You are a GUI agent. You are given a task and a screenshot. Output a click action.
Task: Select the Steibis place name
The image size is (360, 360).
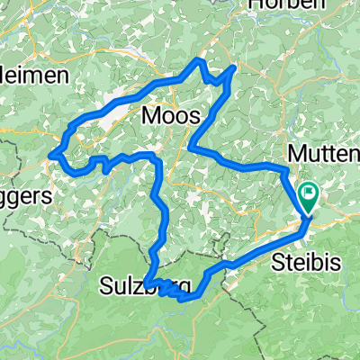pos(301,262)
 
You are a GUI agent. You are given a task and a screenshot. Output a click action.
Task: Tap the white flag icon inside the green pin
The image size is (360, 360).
pos(310,191)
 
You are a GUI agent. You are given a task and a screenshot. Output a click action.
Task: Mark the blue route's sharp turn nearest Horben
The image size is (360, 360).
pos(235,67)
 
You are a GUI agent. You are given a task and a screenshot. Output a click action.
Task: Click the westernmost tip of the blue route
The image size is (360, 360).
pos(51,155)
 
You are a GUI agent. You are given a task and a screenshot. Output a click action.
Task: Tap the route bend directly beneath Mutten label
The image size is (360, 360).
pos(287,169)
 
